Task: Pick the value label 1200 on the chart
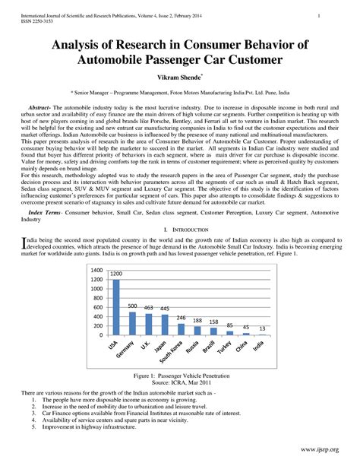(x=116, y=274)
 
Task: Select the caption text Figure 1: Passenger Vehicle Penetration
(x=180, y=376)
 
